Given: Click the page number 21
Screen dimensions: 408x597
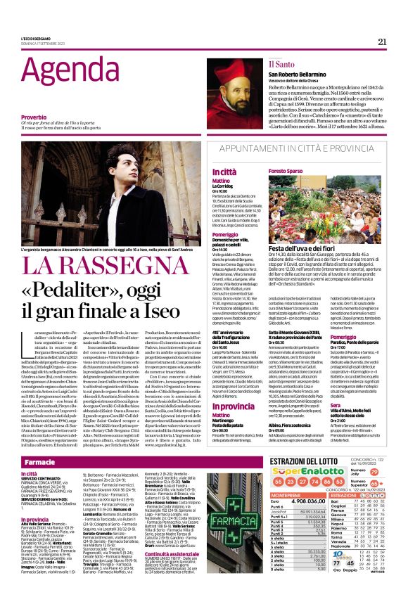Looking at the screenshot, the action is (x=382, y=41).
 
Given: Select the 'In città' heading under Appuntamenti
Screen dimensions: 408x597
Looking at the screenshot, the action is (x=205, y=171).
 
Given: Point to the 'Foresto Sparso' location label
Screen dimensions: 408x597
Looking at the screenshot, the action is (x=285, y=171).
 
